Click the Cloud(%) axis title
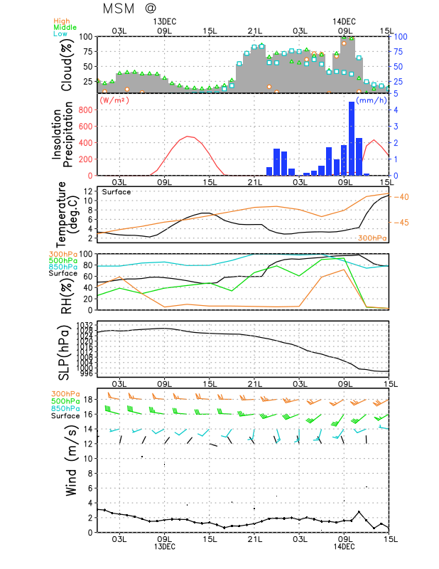click(x=67, y=65)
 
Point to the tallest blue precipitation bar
click(x=351, y=139)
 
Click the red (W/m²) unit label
click(x=115, y=100)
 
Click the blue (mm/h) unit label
click(x=372, y=100)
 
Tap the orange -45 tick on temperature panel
click(x=399, y=223)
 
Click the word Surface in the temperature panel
click(x=116, y=192)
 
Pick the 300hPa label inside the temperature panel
click(x=372, y=238)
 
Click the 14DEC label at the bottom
click(x=345, y=546)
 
